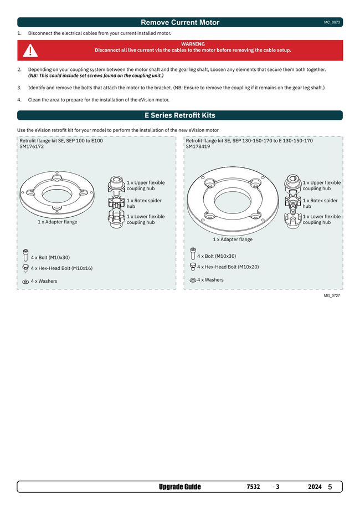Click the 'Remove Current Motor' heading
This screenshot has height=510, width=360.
coord(180,23)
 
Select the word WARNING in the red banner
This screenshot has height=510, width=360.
coord(193,44)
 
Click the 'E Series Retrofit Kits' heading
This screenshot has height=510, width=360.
coord(180,115)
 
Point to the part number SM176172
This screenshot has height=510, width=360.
coord(32,146)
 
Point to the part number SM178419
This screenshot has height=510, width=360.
coord(198,146)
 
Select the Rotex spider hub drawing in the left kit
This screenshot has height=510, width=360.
coord(117,201)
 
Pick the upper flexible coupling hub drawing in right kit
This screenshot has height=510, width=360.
coord(293,183)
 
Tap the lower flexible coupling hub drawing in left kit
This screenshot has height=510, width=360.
coord(117,219)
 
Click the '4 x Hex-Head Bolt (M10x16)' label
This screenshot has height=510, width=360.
coord(61,268)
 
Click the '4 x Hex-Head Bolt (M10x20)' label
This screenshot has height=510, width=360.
coord(228,267)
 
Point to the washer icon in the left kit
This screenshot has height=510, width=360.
coord(25,282)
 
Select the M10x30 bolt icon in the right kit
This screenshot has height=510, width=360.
coord(193,254)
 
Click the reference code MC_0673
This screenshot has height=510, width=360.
coord(332,23)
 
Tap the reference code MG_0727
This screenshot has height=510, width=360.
coord(332,296)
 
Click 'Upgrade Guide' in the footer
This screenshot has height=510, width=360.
coord(179,487)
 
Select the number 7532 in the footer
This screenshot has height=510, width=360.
coord(253,487)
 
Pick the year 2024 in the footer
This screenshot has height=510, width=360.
coord(315,487)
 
